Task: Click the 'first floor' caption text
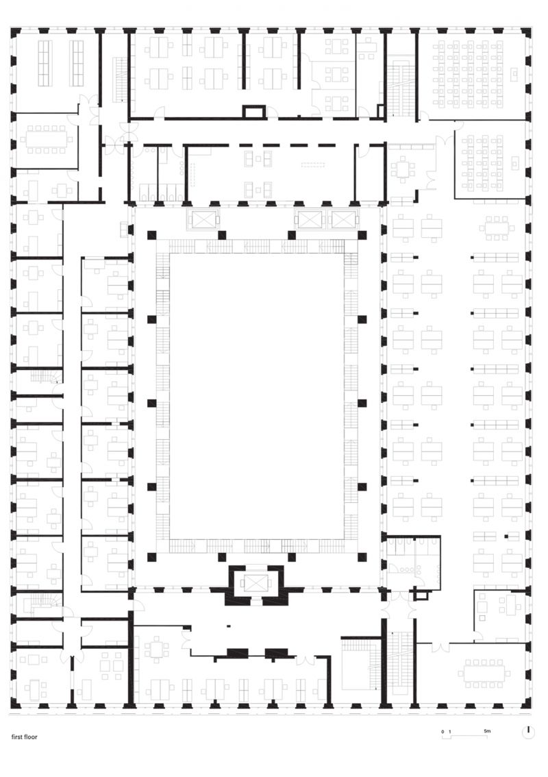click(x=25, y=738)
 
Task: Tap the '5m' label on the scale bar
click(x=487, y=732)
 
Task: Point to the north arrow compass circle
click(x=528, y=732)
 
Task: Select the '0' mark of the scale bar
click(x=443, y=732)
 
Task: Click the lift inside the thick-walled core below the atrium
click(x=255, y=582)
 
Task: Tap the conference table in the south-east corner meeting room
click(x=484, y=672)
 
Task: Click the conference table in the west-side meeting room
click(x=47, y=139)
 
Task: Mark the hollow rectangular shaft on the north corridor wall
click(x=254, y=112)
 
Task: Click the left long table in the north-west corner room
click(x=45, y=62)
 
